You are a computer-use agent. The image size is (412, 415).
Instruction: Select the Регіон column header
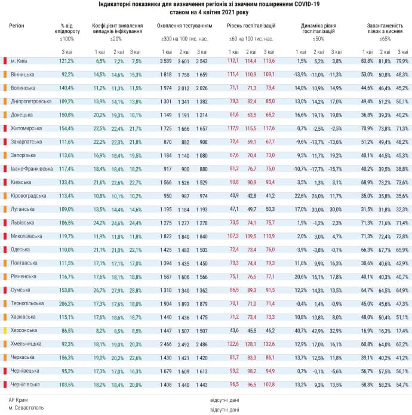[18, 26]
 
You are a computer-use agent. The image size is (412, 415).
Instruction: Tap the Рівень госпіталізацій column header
[251, 26]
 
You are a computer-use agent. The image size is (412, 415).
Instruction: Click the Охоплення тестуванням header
[185, 26]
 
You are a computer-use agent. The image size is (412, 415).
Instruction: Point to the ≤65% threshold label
[385, 38]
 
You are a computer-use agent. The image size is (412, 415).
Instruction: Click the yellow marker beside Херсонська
[5, 330]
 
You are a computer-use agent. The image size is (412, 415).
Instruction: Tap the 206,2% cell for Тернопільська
[66, 303]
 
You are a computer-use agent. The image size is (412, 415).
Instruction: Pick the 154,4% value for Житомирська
[66, 128]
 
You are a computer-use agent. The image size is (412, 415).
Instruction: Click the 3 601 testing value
[183, 61]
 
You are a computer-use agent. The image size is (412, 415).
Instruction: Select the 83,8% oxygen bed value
[367, 61]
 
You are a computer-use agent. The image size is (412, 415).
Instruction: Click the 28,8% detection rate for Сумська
[136, 290]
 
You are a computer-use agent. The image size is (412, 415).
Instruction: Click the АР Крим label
[20, 399]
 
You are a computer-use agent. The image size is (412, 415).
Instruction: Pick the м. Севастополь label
[26, 409]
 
